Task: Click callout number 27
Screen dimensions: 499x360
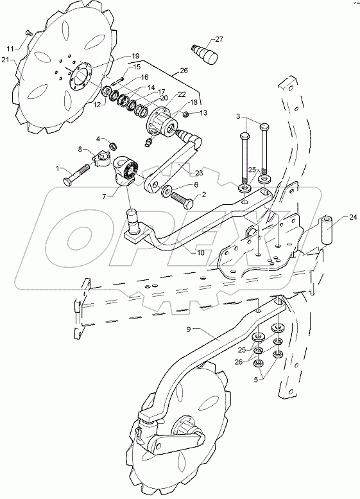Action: pos(219,39)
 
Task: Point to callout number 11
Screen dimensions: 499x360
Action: pos(10,48)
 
